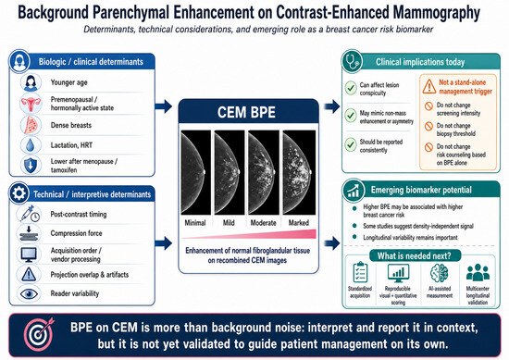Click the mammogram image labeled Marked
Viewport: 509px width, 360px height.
point(299,172)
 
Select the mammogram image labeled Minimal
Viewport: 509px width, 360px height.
point(196,172)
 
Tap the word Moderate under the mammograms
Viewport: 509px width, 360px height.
point(263,223)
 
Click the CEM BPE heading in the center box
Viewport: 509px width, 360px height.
point(246,112)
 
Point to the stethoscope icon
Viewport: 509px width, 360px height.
point(353,61)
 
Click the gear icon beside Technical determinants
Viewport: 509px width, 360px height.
point(19,193)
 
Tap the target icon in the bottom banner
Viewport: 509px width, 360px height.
point(39,334)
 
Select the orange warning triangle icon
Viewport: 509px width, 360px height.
point(429,87)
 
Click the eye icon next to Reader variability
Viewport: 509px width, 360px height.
point(29,293)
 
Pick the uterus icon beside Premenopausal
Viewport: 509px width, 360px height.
point(31,104)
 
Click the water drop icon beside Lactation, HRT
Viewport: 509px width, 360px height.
point(31,145)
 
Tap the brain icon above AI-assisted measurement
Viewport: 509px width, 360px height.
point(439,273)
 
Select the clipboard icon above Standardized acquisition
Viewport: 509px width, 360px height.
point(360,272)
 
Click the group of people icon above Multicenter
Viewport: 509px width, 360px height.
point(478,272)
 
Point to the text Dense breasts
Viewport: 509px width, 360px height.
point(71,125)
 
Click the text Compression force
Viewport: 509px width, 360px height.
point(76,233)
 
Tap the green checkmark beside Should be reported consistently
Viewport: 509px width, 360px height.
point(351,144)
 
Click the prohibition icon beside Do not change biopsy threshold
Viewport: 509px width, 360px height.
point(428,126)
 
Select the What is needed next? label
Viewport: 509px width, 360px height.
point(415,255)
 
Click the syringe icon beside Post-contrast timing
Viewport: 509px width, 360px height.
point(30,214)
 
